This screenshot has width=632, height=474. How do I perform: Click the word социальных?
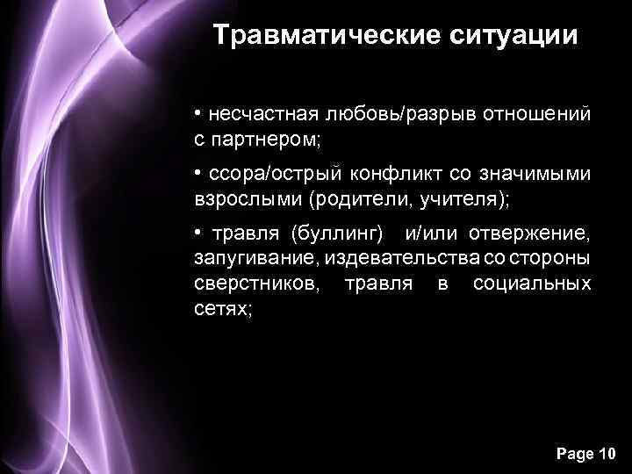[x=532, y=284]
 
